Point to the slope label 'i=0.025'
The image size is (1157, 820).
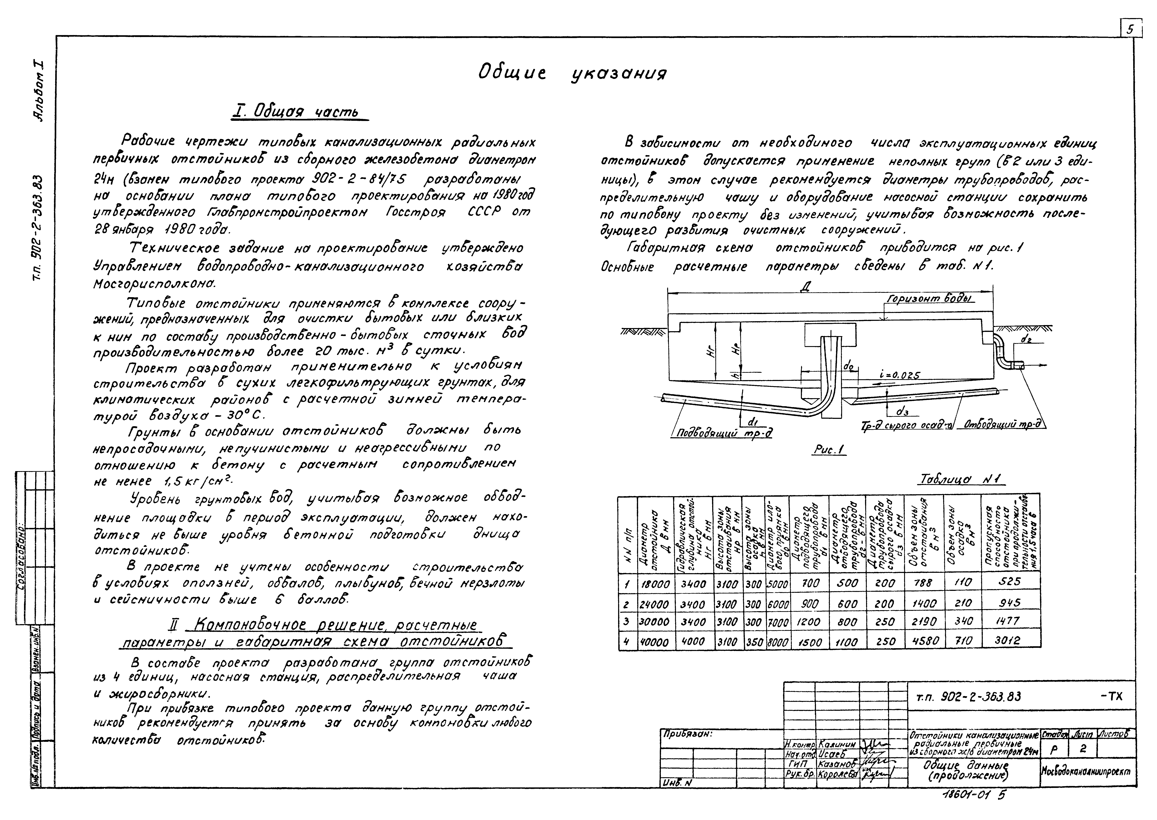point(899,375)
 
